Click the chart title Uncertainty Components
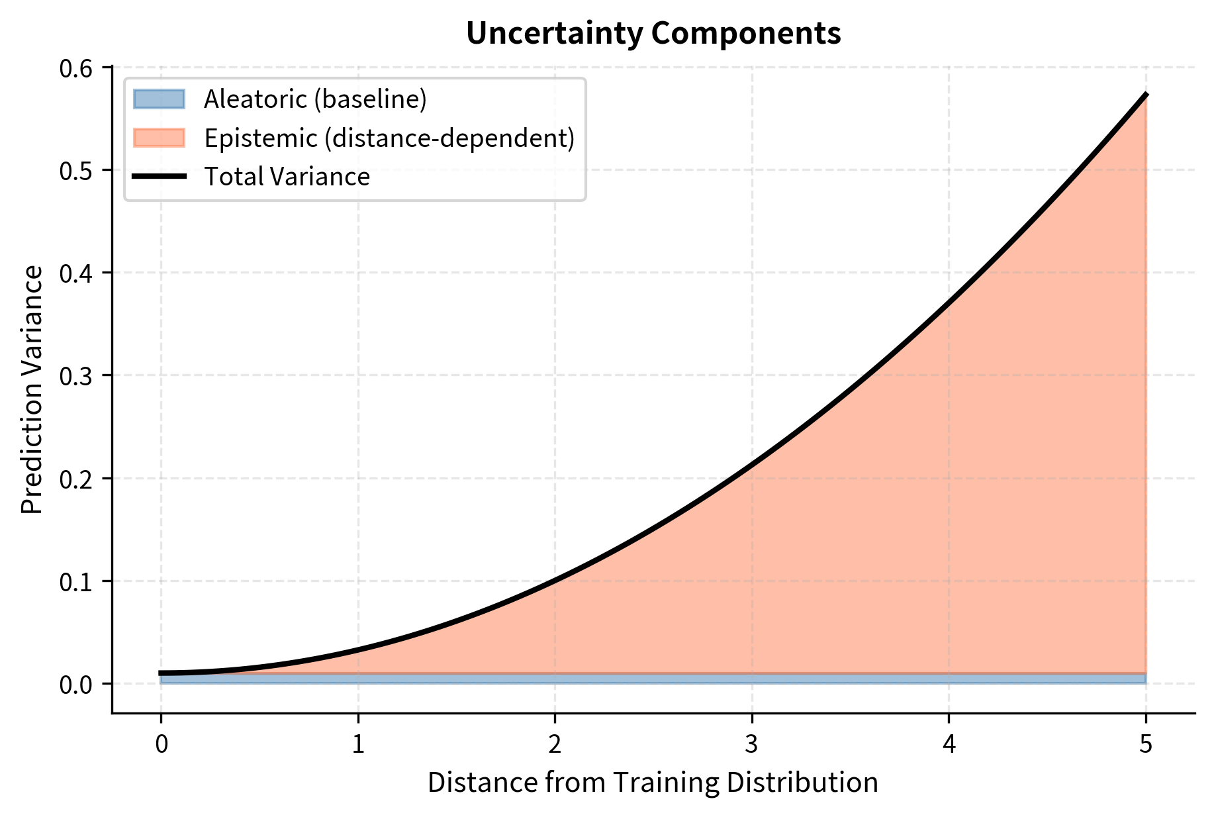653,33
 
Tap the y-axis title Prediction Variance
32,389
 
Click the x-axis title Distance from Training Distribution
653,783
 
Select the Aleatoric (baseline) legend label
315,99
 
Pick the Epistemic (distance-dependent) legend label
389,138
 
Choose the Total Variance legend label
287,177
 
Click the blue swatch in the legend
159,99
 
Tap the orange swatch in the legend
159,138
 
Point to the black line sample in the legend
159,177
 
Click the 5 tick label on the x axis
1146,745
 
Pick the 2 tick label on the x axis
555,745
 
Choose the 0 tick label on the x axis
161,745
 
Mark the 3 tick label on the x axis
751,745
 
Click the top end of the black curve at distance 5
1146,95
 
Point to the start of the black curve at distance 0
161,673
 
